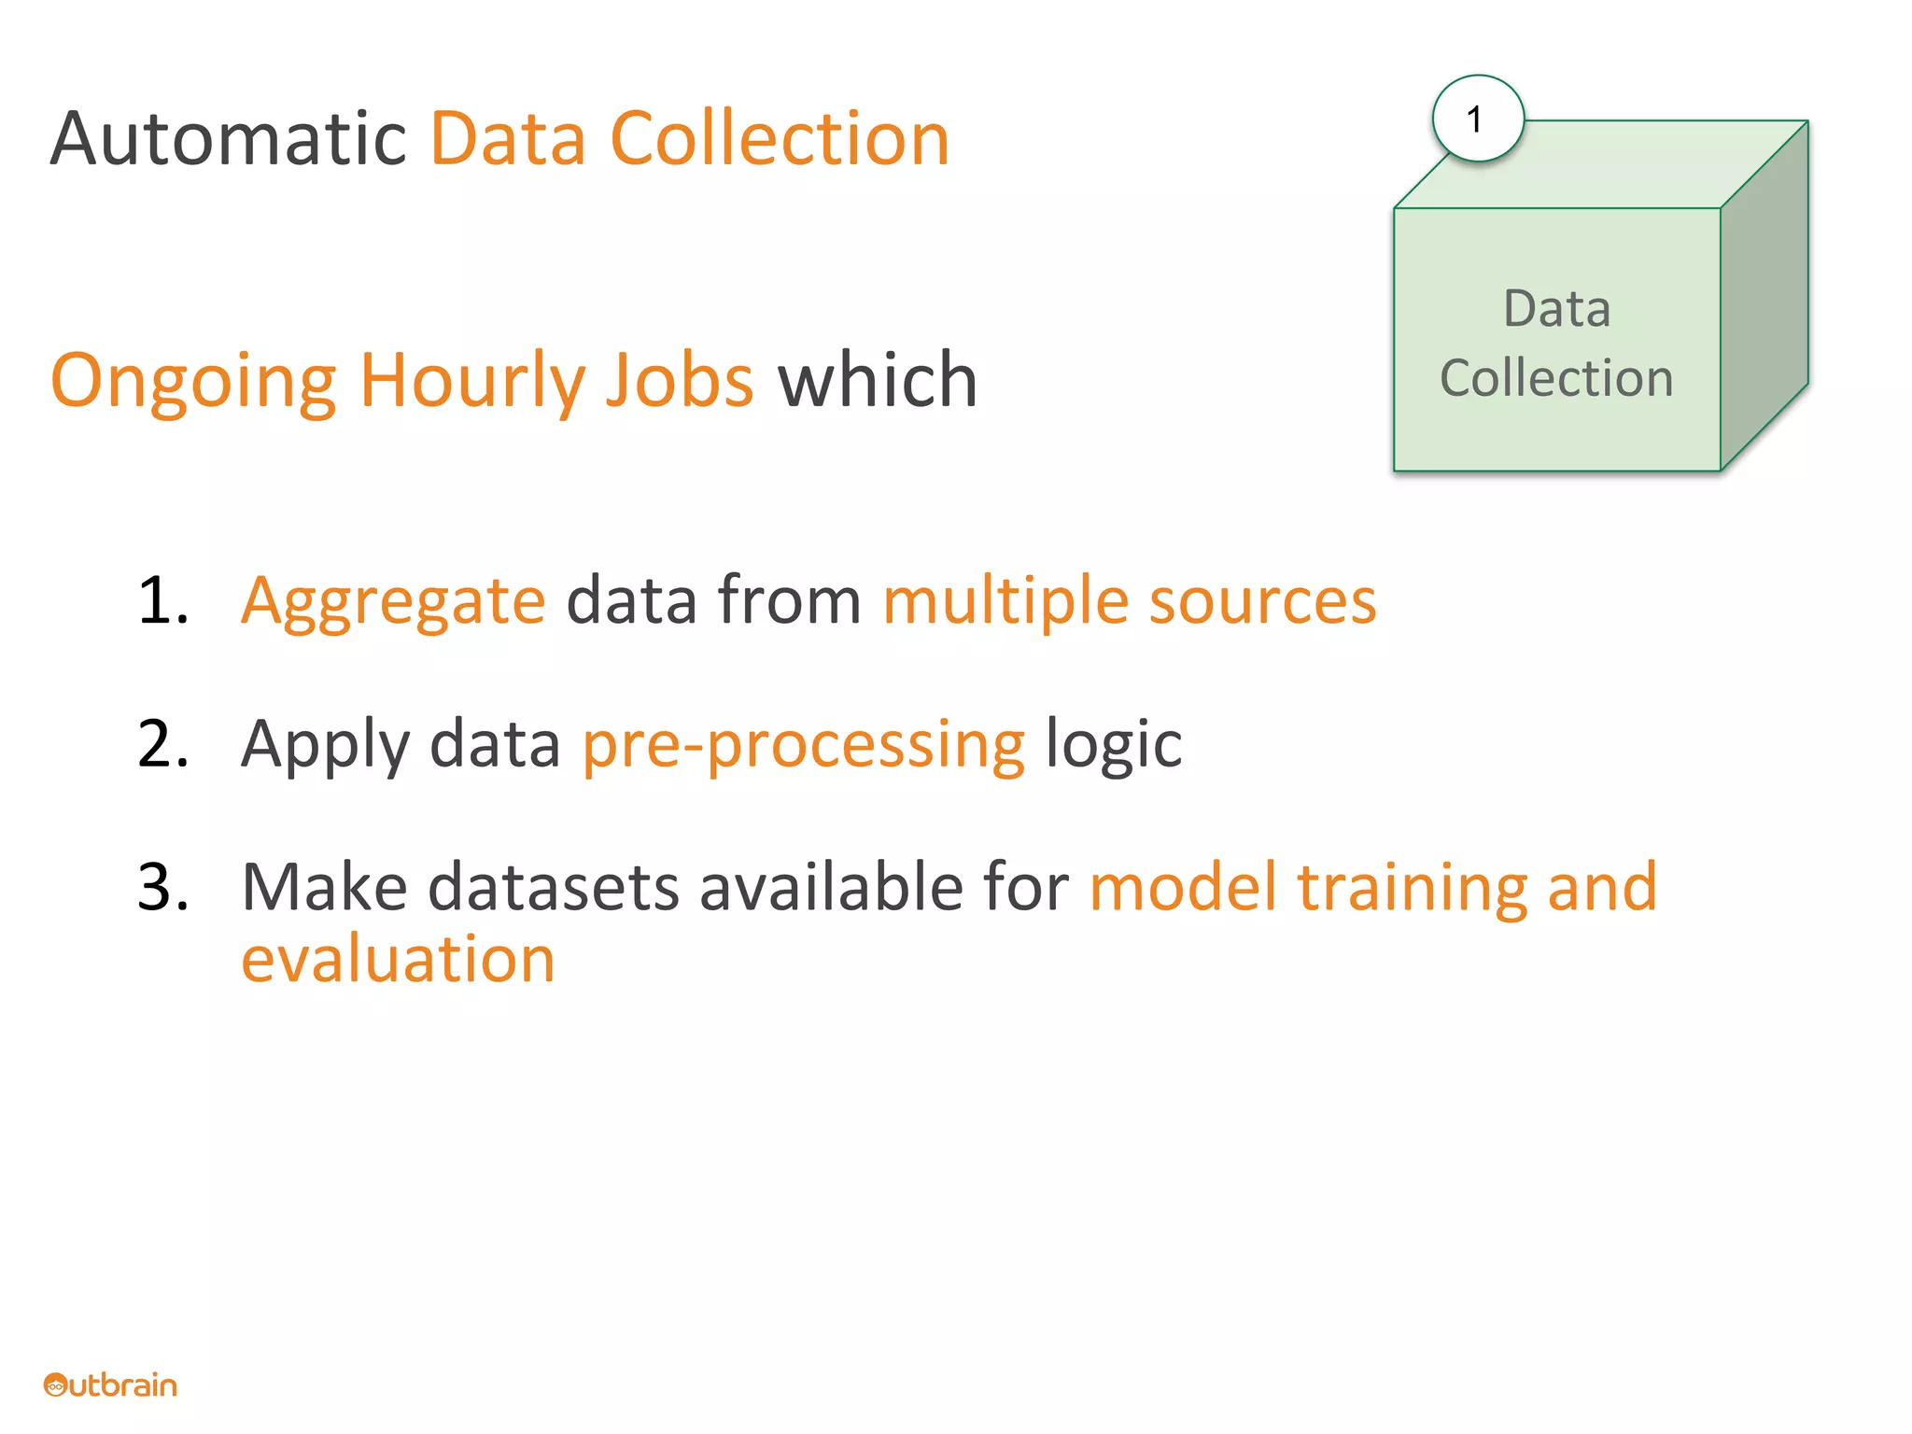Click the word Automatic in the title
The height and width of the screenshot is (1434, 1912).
(x=228, y=140)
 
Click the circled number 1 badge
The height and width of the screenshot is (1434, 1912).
(x=1478, y=119)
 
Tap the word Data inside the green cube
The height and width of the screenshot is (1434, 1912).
(x=1556, y=309)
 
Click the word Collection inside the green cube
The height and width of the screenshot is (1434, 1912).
(x=1556, y=378)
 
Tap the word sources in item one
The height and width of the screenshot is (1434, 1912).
(x=1262, y=600)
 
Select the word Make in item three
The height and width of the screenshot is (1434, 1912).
(x=324, y=887)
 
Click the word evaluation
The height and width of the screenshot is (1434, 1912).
(x=398, y=959)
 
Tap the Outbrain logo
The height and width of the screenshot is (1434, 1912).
(x=110, y=1385)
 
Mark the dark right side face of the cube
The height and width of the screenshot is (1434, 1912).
(x=1764, y=299)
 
